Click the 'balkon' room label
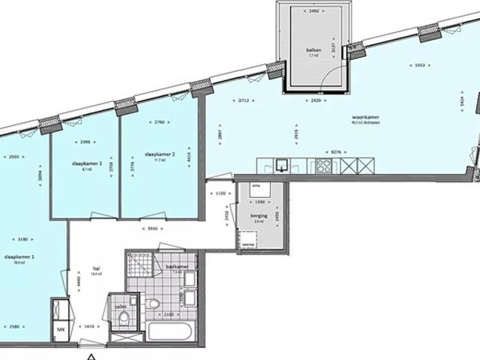[x=313, y=51]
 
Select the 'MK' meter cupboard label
[x=60, y=328]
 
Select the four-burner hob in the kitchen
[x=325, y=166]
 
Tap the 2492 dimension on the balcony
[x=313, y=11]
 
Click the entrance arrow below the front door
[x=91, y=355]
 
